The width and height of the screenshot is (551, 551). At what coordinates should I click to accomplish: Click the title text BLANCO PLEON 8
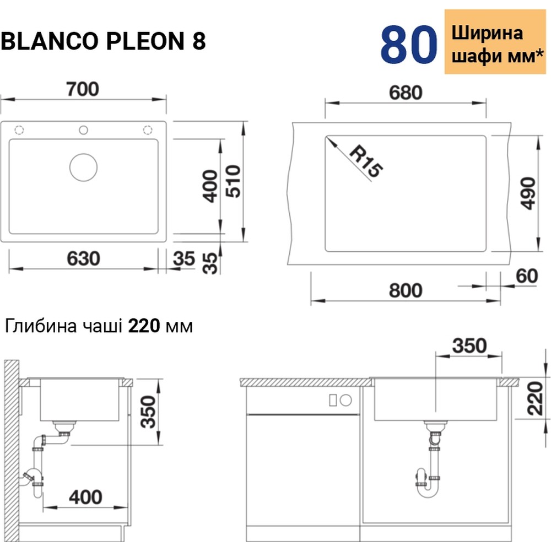tap(104, 42)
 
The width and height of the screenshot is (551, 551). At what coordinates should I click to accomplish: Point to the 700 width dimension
tap(84, 89)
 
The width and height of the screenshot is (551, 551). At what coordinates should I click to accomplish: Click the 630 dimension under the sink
tap(84, 258)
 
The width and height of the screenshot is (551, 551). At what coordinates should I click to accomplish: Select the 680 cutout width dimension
tap(406, 92)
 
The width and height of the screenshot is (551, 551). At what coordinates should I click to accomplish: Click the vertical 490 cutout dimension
tap(528, 193)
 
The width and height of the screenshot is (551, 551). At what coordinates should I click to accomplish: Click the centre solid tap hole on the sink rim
tap(83, 130)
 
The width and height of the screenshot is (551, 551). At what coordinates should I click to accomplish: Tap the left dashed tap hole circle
tap(19, 130)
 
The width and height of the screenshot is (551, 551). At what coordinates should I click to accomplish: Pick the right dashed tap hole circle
tap(148, 130)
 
